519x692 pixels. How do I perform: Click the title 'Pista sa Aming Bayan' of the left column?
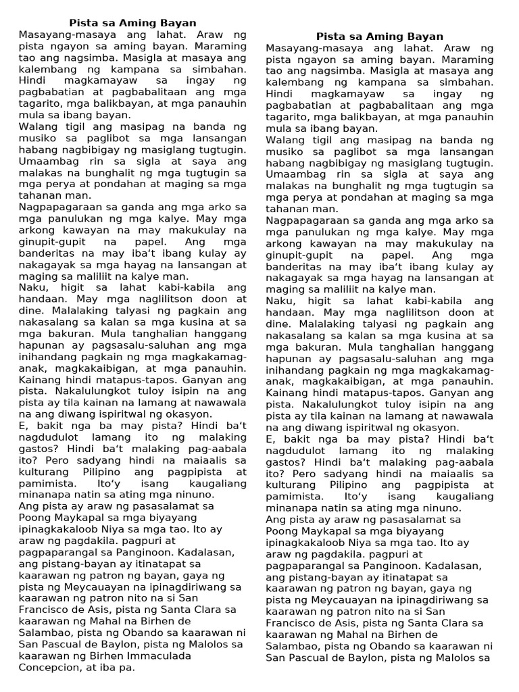(133, 23)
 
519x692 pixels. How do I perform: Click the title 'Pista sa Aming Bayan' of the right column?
(380, 36)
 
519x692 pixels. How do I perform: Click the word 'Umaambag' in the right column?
(293, 174)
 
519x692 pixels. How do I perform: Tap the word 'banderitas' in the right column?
(294, 266)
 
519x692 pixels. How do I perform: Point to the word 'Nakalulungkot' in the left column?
(101, 391)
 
